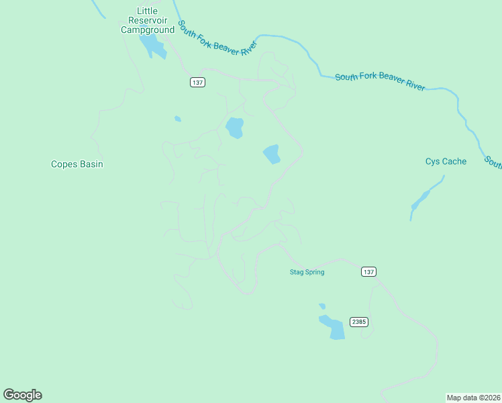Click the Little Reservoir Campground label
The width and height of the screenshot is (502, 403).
tap(147, 20)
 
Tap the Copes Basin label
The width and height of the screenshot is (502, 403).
tap(77, 164)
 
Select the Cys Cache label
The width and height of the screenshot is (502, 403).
tap(446, 161)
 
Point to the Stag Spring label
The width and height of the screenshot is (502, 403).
tap(307, 272)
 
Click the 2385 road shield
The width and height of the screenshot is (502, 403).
tap(358, 322)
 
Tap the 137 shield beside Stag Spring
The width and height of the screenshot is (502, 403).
tap(368, 271)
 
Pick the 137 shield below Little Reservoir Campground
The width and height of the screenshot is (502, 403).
tap(197, 82)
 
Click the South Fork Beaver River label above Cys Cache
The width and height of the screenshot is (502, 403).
tap(380, 81)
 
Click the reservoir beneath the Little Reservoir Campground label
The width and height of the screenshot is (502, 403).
tap(153, 46)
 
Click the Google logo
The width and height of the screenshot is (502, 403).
tap(22, 395)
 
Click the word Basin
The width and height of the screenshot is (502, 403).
tap(91, 164)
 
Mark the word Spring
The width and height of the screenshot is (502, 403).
tap(314, 272)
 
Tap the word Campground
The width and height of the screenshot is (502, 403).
tap(147, 30)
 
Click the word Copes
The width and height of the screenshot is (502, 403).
tap(64, 164)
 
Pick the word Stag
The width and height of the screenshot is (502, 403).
tap(296, 272)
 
